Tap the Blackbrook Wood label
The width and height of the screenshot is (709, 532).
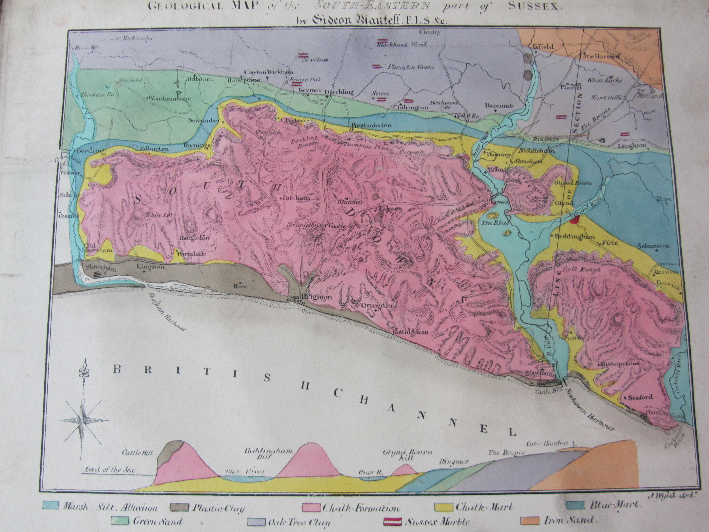[402, 45]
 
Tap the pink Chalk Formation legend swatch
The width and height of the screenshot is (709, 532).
[312, 508]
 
